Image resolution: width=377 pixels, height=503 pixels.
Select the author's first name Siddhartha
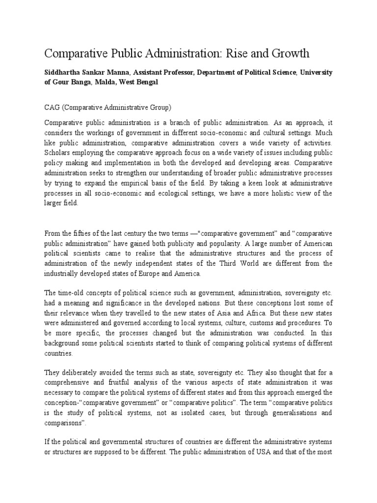tap(64, 72)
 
